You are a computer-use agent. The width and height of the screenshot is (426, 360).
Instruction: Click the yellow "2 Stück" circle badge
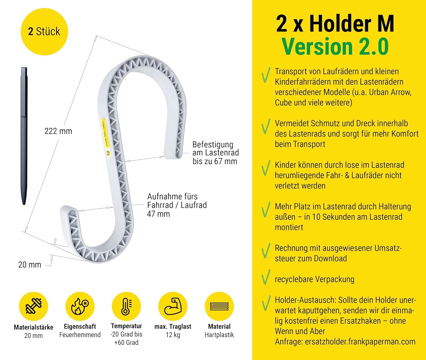click(44, 31)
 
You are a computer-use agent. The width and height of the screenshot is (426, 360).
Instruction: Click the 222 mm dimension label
click(58, 131)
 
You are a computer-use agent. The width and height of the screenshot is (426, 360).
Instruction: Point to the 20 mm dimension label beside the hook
click(30, 265)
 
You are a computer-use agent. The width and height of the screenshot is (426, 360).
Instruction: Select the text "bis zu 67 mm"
click(214, 161)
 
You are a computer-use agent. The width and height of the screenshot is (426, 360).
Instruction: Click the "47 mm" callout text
click(158, 214)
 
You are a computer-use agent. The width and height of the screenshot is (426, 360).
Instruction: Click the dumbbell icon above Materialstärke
click(34, 306)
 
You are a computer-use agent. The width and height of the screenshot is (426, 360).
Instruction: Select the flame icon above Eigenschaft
click(80, 306)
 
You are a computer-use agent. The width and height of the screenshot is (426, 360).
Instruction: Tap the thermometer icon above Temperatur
click(126, 306)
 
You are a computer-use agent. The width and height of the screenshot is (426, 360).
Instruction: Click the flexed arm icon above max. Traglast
click(173, 306)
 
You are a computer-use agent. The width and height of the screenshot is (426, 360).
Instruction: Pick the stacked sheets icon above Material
click(219, 306)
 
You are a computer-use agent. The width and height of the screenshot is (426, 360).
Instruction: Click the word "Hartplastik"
click(219, 335)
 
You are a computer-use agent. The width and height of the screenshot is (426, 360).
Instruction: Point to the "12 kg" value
click(173, 335)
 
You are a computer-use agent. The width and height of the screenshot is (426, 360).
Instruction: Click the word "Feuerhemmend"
click(80, 335)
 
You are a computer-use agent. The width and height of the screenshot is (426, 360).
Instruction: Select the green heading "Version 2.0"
click(335, 46)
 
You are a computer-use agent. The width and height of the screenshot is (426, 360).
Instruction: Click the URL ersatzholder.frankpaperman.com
click(360, 342)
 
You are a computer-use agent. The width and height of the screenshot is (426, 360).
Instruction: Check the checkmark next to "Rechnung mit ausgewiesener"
click(266, 251)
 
